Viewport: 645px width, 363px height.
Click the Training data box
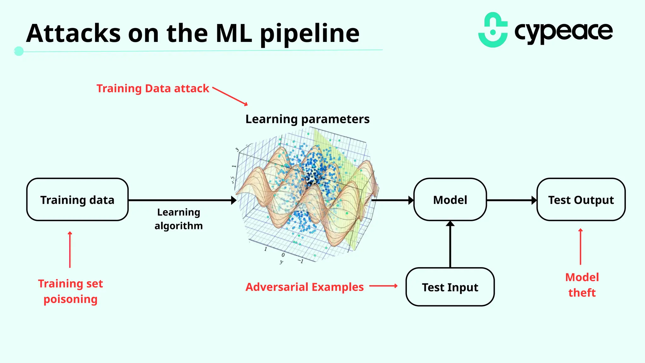click(77, 200)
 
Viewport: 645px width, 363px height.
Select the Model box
click(450, 200)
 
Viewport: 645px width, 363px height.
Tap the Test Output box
click(581, 200)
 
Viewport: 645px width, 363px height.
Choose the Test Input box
click(450, 287)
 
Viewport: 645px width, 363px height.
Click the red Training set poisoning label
click(70, 291)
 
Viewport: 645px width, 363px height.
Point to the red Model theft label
click(582, 285)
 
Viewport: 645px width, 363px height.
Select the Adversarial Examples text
click(304, 287)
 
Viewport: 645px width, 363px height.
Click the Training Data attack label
click(152, 88)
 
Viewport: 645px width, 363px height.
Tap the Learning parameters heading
click(307, 119)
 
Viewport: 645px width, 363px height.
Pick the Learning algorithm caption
click(179, 219)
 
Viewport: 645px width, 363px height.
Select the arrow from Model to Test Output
click(511, 200)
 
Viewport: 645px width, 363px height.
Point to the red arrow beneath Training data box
click(70, 250)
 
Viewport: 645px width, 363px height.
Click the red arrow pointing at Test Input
click(383, 286)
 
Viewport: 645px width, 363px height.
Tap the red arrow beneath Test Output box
click(580, 246)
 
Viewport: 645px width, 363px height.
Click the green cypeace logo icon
click(493, 30)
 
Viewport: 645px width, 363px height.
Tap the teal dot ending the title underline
click(19, 51)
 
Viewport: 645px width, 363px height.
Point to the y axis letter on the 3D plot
click(281, 262)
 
